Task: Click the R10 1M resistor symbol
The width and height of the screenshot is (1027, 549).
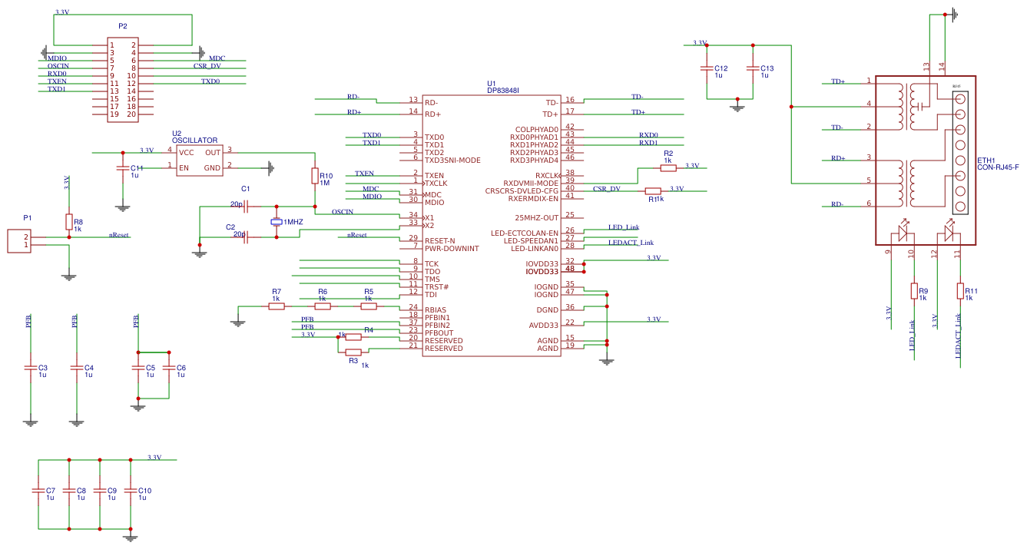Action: tap(314, 176)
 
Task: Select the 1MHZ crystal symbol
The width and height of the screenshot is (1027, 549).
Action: tap(277, 222)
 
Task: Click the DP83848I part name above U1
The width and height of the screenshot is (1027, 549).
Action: tap(503, 91)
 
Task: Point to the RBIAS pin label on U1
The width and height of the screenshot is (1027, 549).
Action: tap(437, 310)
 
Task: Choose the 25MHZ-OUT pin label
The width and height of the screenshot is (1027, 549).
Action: tap(537, 217)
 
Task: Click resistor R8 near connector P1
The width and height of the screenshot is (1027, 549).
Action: tap(69, 222)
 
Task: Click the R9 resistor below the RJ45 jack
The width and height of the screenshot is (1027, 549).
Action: tap(914, 291)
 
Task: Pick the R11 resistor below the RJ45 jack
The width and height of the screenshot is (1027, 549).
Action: tap(960, 291)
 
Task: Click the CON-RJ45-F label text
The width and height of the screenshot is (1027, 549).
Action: tap(997, 167)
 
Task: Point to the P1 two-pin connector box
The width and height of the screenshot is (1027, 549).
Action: tap(20, 240)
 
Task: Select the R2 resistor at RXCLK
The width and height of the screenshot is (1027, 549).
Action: tap(668, 167)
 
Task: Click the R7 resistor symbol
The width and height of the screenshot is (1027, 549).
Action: tap(277, 306)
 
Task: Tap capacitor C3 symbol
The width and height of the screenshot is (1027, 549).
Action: tap(31, 368)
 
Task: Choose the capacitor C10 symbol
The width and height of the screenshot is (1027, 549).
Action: tap(131, 491)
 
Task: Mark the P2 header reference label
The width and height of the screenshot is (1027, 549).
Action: tap(123, 26)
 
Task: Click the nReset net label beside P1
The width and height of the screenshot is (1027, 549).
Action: tap(118, 235)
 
